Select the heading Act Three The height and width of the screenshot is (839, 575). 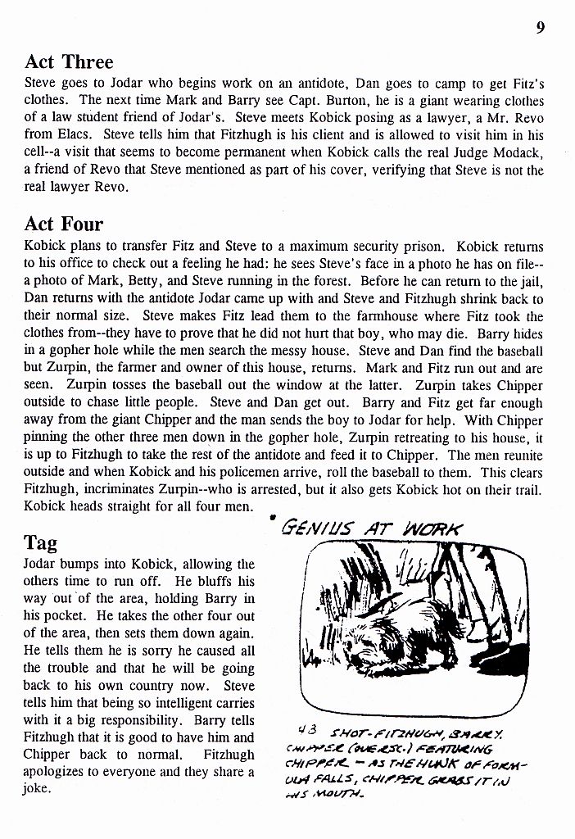coord(70,62)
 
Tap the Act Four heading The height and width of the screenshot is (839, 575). coord(64,224)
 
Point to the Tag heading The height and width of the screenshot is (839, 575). coord(41,542)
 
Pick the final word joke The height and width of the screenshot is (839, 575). coord(38,789)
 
